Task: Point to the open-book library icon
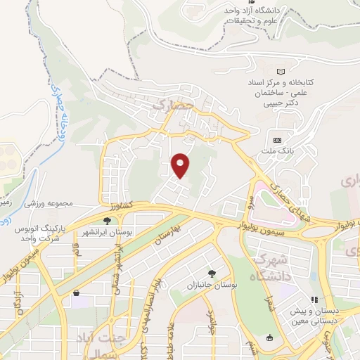point(281,72)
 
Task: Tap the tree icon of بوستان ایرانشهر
point(107,221)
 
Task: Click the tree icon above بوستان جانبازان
point(212,272)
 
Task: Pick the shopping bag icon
point(76,293)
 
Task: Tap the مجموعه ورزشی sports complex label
point(49,203)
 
